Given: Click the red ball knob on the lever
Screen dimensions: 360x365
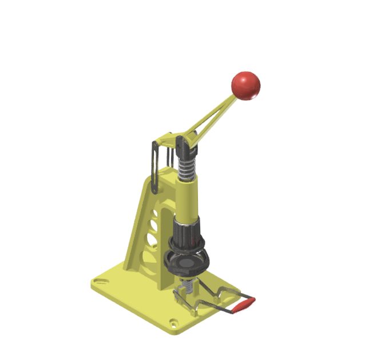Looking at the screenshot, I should tap(245, 85).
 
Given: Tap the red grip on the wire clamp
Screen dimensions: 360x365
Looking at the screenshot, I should tap(243, 306).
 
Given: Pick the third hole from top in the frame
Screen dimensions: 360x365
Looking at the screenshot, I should tap(151, 238).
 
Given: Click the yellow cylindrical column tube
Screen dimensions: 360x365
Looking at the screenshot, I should tap(187, 200).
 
